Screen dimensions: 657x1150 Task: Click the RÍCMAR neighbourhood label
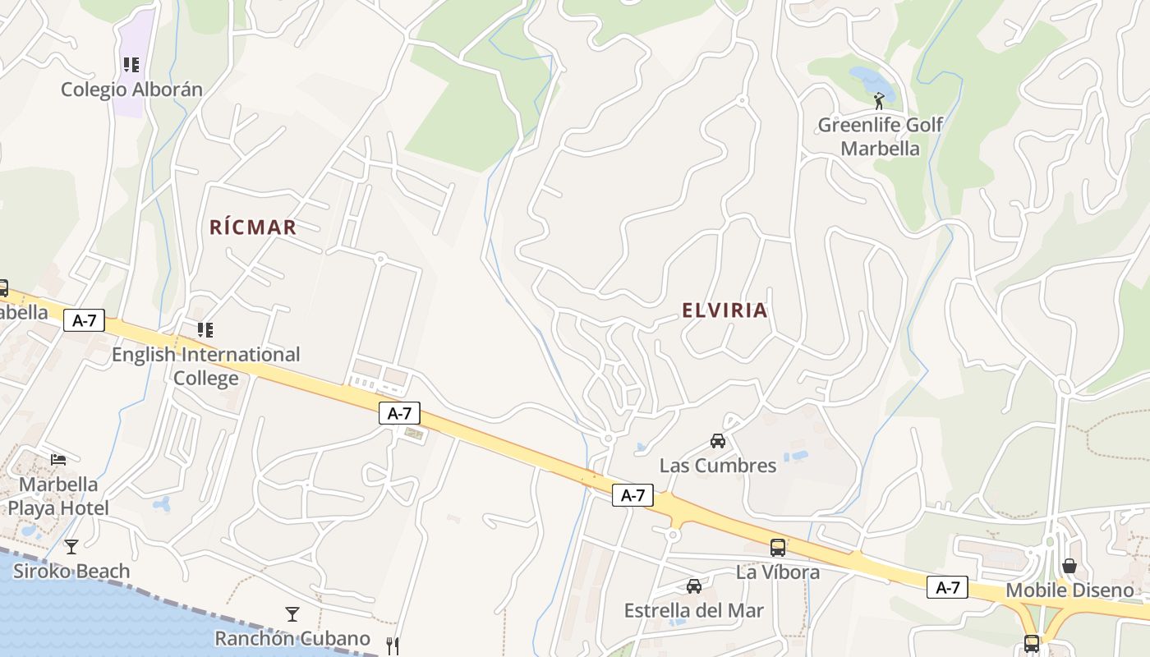coord(252,227)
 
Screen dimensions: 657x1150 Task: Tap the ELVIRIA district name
coord(724,310)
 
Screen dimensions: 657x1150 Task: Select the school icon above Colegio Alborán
coord(131,64)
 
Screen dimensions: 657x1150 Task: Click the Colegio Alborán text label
coord(131,90)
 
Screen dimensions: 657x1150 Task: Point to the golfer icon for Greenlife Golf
coord(880,101)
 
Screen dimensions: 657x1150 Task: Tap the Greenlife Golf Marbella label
coord(880,137)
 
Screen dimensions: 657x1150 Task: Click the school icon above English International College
coord(205,330)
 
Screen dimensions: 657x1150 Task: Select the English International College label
coord(205,366)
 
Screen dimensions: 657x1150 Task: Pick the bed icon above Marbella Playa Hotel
coord(58,459)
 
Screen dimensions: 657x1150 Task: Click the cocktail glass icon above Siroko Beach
coord(71,546)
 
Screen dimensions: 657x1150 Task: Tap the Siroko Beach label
coord(71,572)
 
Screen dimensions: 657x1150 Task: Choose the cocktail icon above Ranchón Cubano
coord(292,613)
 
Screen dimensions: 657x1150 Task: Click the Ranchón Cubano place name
coord(292,638)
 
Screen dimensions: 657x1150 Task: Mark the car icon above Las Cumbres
coord(718,441)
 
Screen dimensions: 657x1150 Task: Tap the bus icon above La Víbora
coord(777,547)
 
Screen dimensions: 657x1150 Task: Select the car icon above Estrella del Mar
coord(694,586)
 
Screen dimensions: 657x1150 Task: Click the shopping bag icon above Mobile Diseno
coord(1069,566)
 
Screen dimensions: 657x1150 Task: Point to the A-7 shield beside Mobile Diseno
coord(947,587)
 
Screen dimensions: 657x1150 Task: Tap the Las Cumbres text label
coord(718,466)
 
